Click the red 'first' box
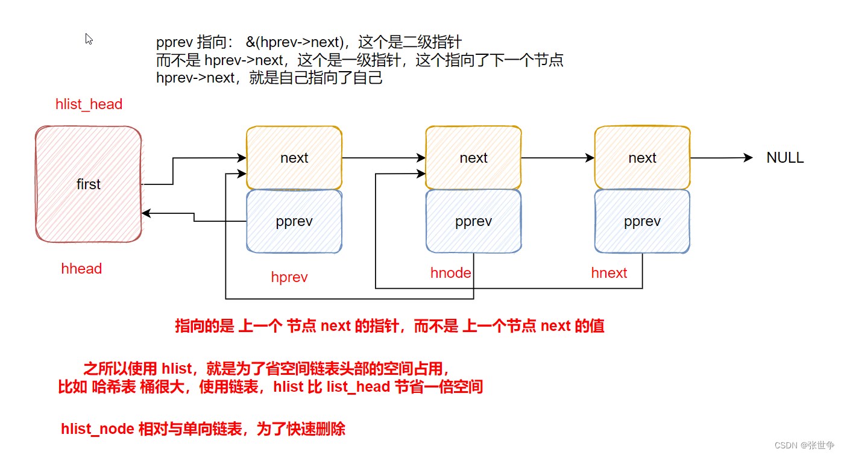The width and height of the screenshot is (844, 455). point(89,184)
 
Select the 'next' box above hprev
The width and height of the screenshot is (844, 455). point(294,158)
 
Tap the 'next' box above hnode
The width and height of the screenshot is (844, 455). point(473,158)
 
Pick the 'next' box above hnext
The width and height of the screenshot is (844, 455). point(642,158)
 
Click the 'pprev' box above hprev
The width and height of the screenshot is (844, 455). point(294,221)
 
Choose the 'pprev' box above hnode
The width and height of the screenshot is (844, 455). point(473,221)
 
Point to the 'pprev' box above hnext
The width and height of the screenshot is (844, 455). point(642,221)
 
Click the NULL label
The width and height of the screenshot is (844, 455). point(785,158)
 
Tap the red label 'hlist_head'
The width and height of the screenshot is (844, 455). point(89,104)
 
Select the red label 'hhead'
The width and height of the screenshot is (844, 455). point(81,269)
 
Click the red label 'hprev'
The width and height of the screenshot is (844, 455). point(289,277)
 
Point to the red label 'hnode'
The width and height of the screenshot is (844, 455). point(450,273)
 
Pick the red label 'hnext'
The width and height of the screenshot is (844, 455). point(609,273)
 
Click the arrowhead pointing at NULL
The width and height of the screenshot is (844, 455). point(749,157)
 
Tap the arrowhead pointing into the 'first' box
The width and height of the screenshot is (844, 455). point(145,213)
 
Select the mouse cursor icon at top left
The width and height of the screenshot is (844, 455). point(89,39)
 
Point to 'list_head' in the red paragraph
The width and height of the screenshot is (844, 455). point(358,387)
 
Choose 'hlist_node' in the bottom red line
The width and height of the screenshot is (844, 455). point(98,429)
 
